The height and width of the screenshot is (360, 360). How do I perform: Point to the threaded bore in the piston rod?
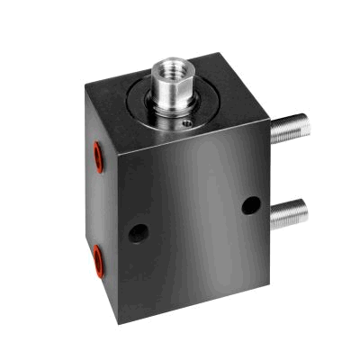tap(168, 67)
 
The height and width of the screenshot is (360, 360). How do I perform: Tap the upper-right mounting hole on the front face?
tap(251, 205)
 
